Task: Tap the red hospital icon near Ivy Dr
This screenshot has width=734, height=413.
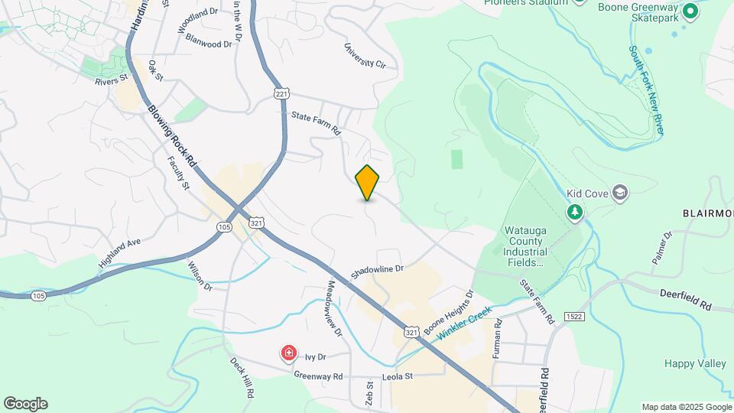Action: tap(289, 353)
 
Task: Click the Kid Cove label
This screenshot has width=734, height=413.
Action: tap(586, 193)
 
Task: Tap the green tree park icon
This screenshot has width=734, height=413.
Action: tap(574, 211)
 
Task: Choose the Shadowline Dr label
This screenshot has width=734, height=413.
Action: tap(376, 272)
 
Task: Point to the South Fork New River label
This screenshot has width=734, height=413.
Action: tap(647, 90)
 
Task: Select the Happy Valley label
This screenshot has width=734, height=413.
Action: tap(694, 363)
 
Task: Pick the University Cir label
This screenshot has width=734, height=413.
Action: tap(365, 55)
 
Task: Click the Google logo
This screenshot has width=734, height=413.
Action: tap(25, 403)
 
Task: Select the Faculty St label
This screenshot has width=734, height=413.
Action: tap(178, 172)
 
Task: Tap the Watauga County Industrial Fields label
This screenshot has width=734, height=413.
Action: tap(525, 246)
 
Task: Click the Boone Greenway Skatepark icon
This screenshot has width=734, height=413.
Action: tap(690, 11)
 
